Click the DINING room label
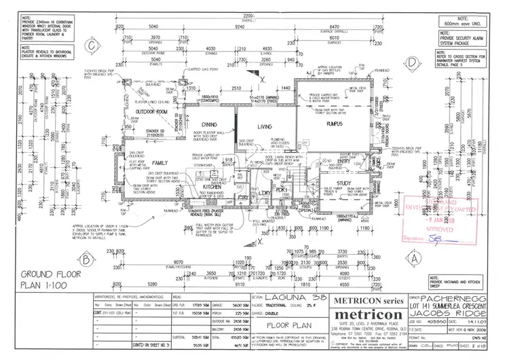click(x=209, y=125)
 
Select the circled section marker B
click(x=86, y=259)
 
